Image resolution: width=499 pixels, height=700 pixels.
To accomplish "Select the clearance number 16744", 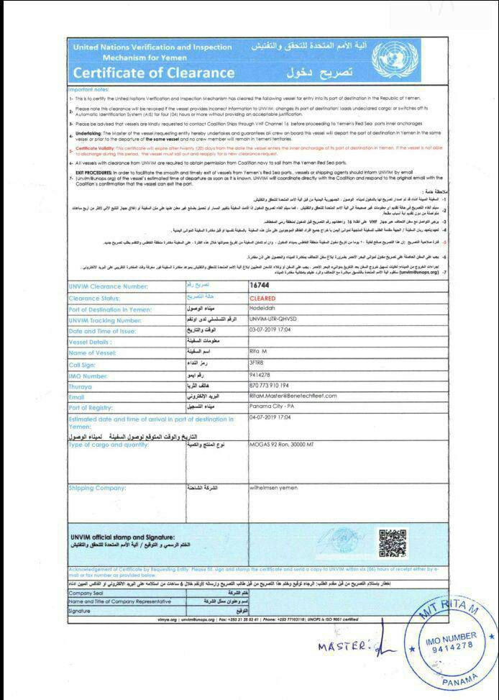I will click(x=259, y=286).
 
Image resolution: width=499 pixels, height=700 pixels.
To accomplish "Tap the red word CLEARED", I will click(x=262, y=297).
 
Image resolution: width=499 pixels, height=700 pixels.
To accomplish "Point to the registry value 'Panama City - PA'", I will click(x=273, y=407).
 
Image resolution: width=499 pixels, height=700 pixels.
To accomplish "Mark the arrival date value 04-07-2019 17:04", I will click(x=270, y=417).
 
